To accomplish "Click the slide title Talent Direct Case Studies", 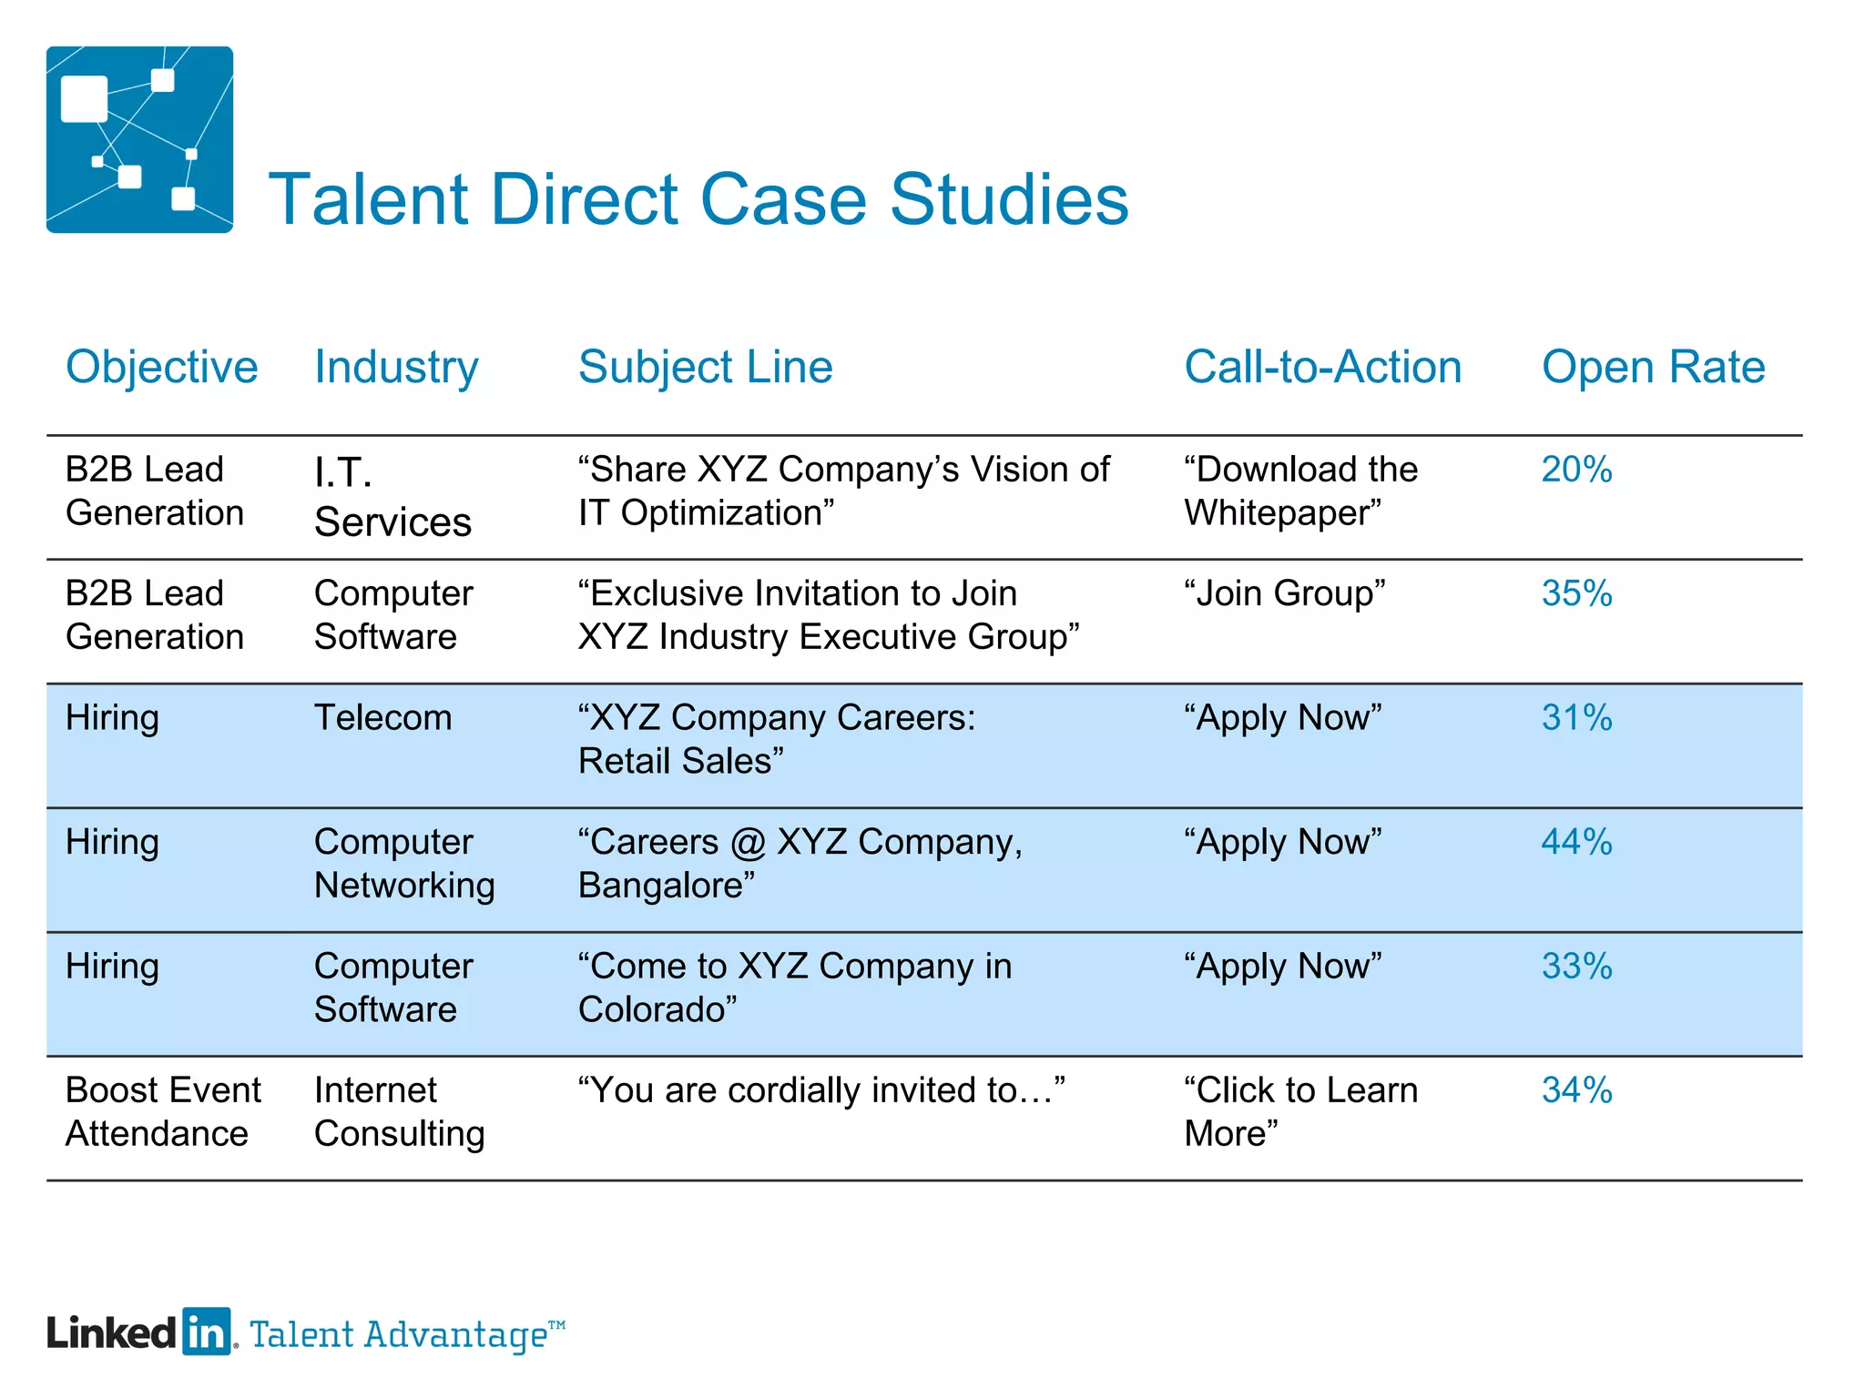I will pos(698,199).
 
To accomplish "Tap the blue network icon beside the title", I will pos(139,139).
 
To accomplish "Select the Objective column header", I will pos(162,367).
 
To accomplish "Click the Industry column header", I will pos(396,367).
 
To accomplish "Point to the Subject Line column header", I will pos(706,367).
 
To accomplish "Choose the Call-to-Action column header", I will pos(1322,367).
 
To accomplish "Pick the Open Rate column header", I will pos(1653,367).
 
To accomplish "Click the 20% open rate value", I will pos(1576,470).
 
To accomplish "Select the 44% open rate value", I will pos(1576,842).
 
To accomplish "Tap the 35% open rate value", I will pos(1576,593).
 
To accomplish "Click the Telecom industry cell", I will pos(382,718).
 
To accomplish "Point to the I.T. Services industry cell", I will pos(392,497).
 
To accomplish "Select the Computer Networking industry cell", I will pos(404,863).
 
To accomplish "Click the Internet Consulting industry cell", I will pos(399,1111).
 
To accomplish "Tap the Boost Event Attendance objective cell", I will pos(163,1111).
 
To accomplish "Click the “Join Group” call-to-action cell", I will pos(1284,593).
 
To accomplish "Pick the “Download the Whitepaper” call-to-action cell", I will pos(1300,491).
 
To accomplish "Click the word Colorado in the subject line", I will pos(651,1009).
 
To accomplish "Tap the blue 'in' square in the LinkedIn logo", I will pos(207,1332).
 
